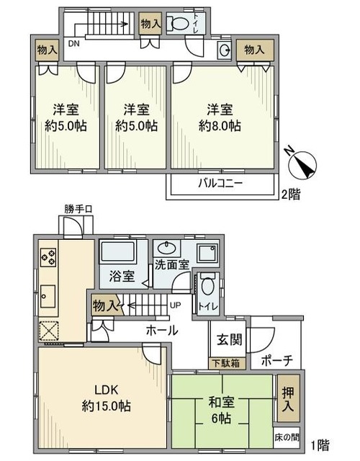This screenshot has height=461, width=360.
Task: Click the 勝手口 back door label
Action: pos(78,210)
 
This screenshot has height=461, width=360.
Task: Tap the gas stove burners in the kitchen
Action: pos(50,256)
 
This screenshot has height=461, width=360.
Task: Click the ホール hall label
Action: pos(162,332)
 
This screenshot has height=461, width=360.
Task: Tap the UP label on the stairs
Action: pos(174,305)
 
